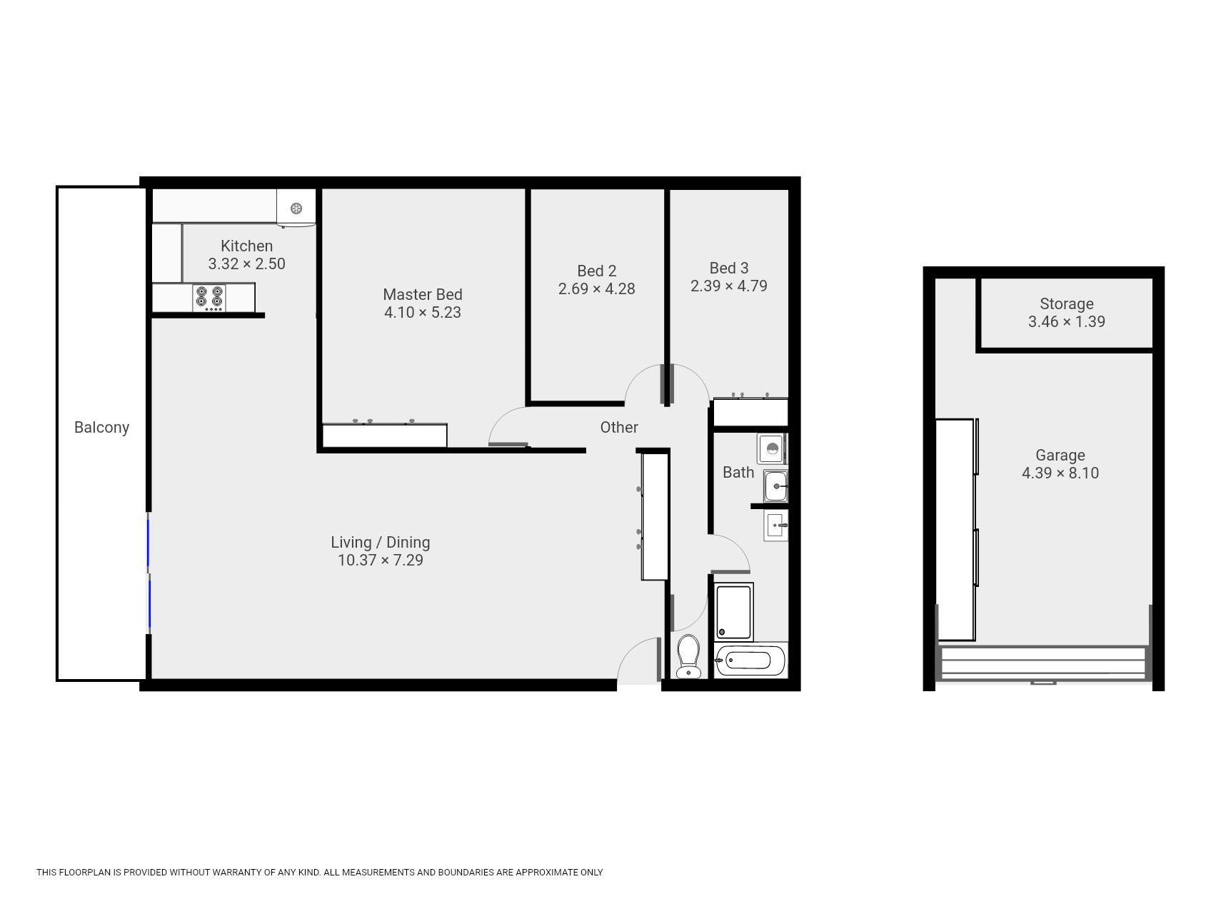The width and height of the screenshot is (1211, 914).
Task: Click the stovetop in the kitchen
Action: coord(208,298)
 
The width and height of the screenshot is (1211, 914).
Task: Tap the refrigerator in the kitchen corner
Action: coord(296,208)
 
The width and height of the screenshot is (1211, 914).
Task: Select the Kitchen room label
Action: coord(246,246)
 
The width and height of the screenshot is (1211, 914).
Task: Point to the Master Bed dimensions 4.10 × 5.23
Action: coord(423,312)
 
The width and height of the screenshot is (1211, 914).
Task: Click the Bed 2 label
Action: coord(596,271)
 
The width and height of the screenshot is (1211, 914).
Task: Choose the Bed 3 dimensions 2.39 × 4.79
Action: coord(728,286)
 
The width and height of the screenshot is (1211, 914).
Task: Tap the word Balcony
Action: coord(101,427)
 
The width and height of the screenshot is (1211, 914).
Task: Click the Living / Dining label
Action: coord(380,542)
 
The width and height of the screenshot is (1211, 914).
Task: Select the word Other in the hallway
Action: coord(619,427)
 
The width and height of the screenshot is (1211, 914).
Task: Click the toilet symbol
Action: coord(688,656)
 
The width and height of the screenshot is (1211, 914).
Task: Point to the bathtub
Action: coord(750,660)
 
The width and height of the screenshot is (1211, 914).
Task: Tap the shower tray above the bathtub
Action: coord(734,612)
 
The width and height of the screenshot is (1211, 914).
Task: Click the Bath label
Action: coord(738,472)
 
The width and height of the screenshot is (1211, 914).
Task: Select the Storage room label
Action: coord(1066,303)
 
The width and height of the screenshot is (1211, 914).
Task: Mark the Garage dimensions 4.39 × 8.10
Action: coord(1060,473)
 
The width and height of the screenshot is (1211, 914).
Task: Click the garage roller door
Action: coord(1043,663)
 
